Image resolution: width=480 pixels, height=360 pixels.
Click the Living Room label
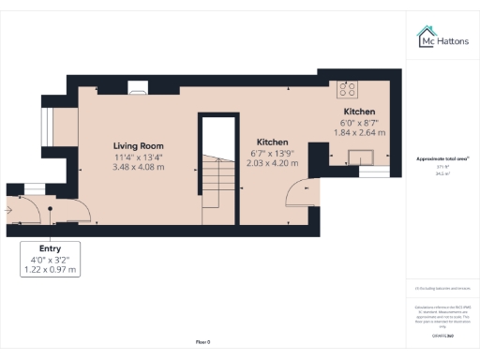(139, 146)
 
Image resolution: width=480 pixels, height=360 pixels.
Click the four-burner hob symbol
(349, 90)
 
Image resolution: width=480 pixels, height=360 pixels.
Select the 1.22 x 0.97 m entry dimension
(50, 270)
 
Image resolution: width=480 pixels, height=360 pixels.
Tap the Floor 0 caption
(202, 342)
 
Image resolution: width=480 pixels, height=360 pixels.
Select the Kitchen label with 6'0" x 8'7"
(358, 112)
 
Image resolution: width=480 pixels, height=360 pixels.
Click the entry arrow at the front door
(9, 211)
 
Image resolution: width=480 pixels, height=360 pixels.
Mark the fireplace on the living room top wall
(138, 90)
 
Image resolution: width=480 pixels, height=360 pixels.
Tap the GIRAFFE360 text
(442, 335)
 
